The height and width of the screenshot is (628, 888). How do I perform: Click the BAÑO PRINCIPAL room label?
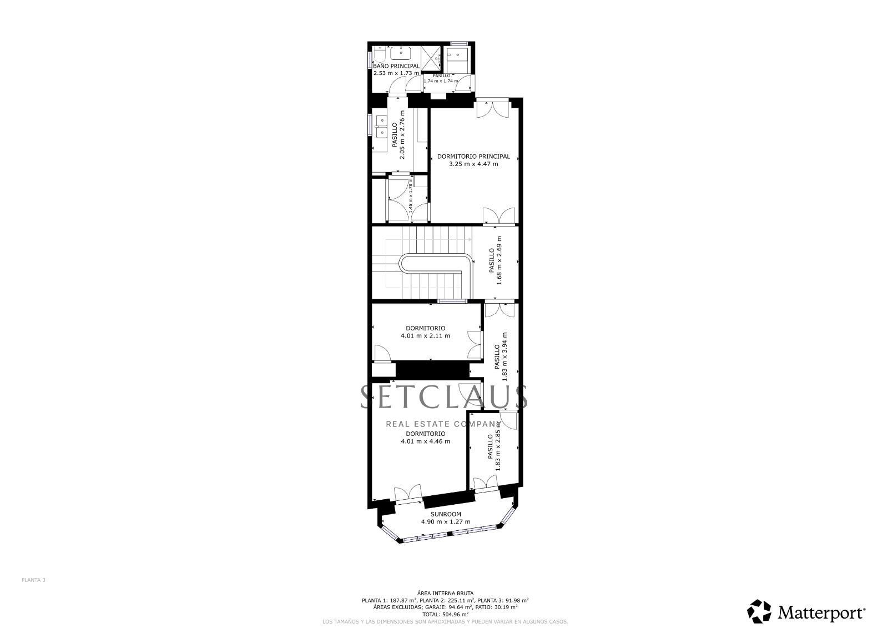coord(396,66)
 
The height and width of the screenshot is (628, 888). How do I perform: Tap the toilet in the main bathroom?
coord(380,56)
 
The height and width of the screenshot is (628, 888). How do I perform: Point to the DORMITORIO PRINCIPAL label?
coord(473,157)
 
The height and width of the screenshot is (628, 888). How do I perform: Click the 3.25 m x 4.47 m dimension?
coord(473,164)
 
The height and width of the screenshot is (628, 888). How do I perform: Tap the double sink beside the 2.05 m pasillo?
coord(381,127)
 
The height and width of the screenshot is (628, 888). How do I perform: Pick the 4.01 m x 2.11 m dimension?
coord(425,336)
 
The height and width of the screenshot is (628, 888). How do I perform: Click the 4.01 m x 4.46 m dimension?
coord(425,441)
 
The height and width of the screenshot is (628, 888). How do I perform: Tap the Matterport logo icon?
coord(759,611)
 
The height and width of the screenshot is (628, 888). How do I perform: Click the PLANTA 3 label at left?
coord(33,580)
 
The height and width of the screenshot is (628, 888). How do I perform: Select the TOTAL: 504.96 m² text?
coord(445,615)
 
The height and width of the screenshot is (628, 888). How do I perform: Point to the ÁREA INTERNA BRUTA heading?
coord(445,593)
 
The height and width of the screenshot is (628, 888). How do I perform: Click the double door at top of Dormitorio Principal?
coord(492,108)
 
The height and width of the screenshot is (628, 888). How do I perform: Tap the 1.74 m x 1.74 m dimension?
coord(441,81)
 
